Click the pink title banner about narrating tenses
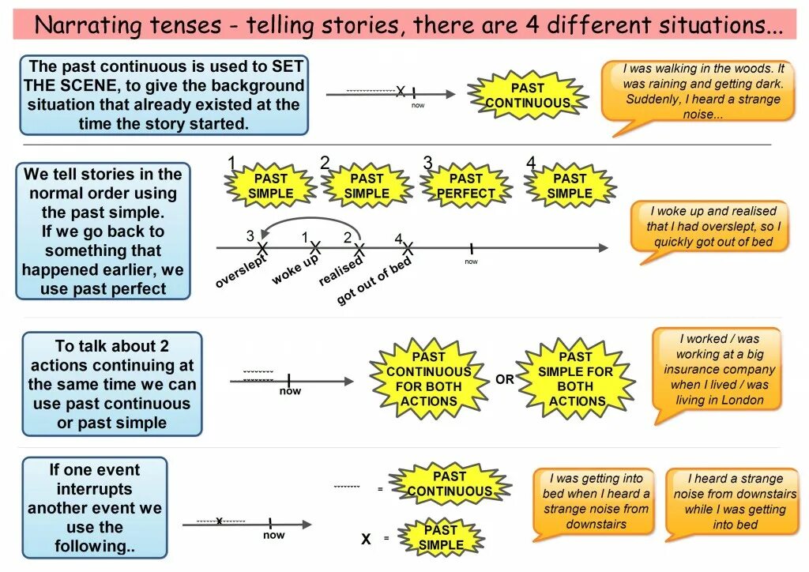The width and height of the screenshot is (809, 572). (x=404, y=25)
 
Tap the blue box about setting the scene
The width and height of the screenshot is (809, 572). (x=164, y=95)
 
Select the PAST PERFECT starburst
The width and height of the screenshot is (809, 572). (x=466, y=186)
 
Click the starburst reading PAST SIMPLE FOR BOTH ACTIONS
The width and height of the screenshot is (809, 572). (x=575, y=378)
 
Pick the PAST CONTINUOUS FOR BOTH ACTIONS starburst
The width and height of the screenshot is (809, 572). (x=428, y=378)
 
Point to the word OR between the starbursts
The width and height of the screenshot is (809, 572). (x=505, y=379)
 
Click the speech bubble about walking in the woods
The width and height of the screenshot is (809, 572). (x=702, y=92)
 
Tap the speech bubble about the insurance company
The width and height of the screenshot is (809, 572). (x=717, y=370)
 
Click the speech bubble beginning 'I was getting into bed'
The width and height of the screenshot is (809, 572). (x=596, y=501)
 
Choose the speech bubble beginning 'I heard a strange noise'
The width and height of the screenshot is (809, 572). (x=735, y=501)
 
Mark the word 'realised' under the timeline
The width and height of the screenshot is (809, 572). (x=340, y=272)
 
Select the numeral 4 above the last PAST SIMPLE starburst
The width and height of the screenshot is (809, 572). (x=531, y=164)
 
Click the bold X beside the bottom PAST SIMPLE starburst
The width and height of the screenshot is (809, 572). (x=366, y=540)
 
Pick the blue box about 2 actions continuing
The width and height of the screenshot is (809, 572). (x=111, y=384)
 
